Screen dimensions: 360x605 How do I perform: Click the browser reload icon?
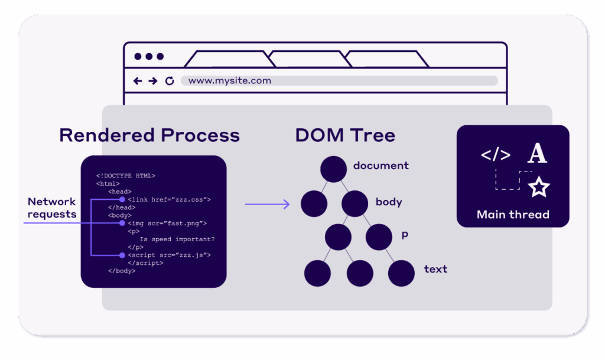coord(170,81)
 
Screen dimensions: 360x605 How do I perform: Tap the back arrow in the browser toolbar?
coord(138,81)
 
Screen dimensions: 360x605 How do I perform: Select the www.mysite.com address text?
coord(229,80)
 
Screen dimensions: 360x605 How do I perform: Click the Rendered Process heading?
coord(149,135)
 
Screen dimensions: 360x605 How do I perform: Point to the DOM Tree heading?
coord(345,135)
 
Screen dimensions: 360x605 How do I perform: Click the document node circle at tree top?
coord(333,170)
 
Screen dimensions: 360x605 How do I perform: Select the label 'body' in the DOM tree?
coord(389,202)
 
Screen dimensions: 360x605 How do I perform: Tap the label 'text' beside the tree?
coord(435,269)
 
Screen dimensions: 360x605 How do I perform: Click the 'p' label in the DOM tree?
coord(405,235)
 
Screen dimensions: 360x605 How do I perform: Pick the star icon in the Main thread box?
coord(538,187)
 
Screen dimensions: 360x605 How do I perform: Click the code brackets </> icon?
coord(496,155)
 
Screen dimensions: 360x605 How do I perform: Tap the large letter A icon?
coord(537,154)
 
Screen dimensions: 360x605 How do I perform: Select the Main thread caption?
coord(513,214)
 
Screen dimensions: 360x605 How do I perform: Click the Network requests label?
coord(52,207)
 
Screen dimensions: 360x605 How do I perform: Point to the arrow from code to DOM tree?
coord(267,205)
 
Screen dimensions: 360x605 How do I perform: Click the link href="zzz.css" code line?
coord(169,200)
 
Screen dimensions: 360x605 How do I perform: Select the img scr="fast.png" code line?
coord(167,223)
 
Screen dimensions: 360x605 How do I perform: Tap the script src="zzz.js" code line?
coord(169,255)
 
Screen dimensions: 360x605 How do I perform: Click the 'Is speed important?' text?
coord(177,239)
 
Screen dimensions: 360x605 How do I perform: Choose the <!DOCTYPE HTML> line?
coord(125,176)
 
